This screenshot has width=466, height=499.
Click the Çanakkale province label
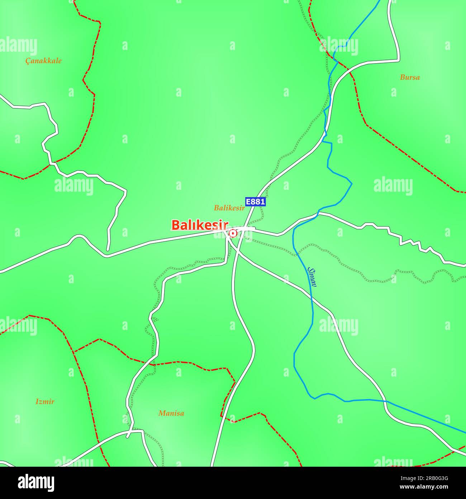43,61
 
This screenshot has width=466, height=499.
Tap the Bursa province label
410,77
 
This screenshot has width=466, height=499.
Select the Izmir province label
45,401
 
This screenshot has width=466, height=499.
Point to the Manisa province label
171,413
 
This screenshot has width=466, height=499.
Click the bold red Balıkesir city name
200,225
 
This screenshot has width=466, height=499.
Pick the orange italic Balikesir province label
229,208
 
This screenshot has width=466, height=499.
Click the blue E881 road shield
256,201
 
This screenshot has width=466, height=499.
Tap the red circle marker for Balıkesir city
233,234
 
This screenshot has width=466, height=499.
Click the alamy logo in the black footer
36,483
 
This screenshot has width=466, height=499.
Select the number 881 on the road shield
258,201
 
